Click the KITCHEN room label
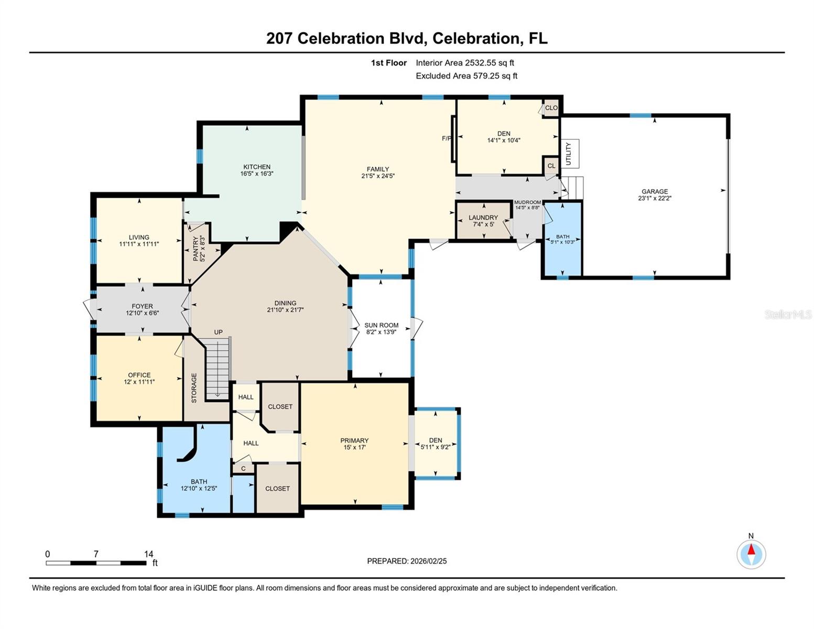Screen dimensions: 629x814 pyautogui.click(x=256, y=167)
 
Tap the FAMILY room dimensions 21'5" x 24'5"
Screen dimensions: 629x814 pyautogui.click(x=377, y=176)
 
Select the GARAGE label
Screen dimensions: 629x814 pyautogui.click(x=655, y=191)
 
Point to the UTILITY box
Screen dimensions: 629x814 pyautogui.click(x=570, y=154)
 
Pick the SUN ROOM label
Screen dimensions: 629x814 pyautogui.click(x=381, y=325)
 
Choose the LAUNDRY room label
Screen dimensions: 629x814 pyautogui.click(x=483, y=218)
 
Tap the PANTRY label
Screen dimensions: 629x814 pyautogui.click(x=196, y=248)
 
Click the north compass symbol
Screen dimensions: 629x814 pyautogui.click(x=751, y=554)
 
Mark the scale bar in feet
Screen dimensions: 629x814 pyautogui.click(x=96, y=563)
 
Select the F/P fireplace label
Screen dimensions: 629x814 pyautogui.click(x=446, y=138)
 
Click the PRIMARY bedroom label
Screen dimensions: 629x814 pyautogui.click(x=354, y=440)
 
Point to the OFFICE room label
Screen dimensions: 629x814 pyautogui.click(x=139, y=375)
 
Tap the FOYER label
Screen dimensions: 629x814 pyautogui.click(x=142, y=306)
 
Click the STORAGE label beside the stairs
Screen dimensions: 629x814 pyautogui.click(x=194, y=388)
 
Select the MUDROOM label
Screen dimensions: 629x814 pyautogui.click(x=527, y=202)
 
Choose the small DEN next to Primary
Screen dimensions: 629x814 pyautogui.click(x=435, y=440)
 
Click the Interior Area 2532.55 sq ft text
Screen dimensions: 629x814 pyautogui.click(x=464, y=63)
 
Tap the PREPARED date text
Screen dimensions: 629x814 pyautogui.click(x=407, y=561)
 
